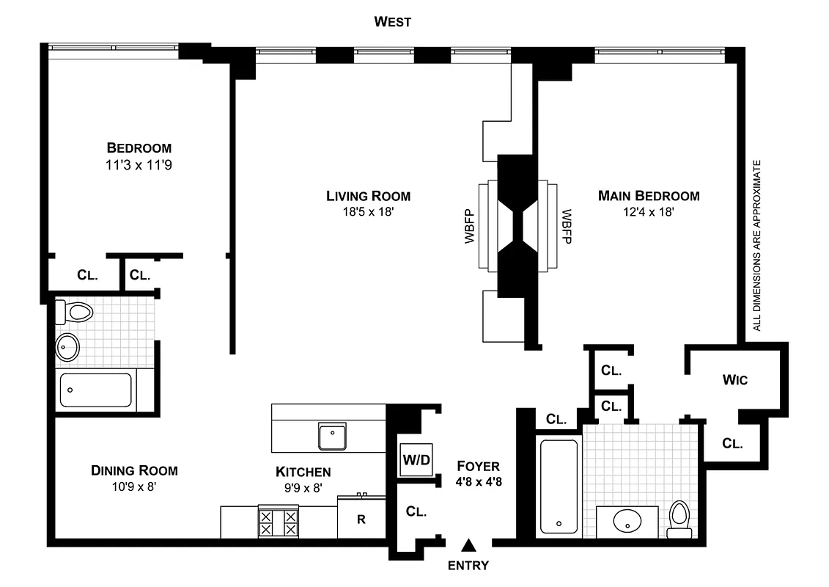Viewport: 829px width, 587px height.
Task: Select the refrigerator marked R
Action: coord(361,519)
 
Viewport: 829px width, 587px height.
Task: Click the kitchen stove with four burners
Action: coord(278,523)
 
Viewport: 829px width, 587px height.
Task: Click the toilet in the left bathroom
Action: coord(77,313)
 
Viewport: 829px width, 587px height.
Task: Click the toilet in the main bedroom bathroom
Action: coord(680,519)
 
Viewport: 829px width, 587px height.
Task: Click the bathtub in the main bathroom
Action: coord(560,484)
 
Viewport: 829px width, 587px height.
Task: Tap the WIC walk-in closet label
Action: coord(734,380)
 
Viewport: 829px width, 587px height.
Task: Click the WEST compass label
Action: coord(393,22)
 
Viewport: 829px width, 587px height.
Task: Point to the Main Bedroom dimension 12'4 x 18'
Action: coord(648,211)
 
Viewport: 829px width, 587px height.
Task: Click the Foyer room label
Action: coord(478,466)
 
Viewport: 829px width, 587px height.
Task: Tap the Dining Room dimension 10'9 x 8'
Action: coord(134,486)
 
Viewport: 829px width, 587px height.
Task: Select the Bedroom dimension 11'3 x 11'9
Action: coord(139,166)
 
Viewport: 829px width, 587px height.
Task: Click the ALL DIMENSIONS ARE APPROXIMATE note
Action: coord(757,245)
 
